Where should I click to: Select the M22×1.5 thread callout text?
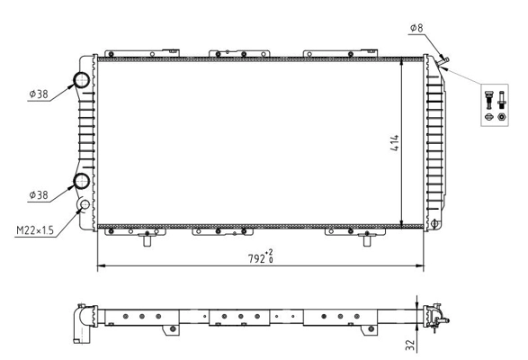(34, 230)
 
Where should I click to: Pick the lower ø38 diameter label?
(39, 194)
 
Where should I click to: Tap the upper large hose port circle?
(82, 80)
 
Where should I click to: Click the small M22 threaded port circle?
(86, 205)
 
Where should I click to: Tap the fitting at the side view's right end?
(435, 315)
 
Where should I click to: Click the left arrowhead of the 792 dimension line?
(100, 266)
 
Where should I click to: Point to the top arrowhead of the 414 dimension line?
(401, 65)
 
